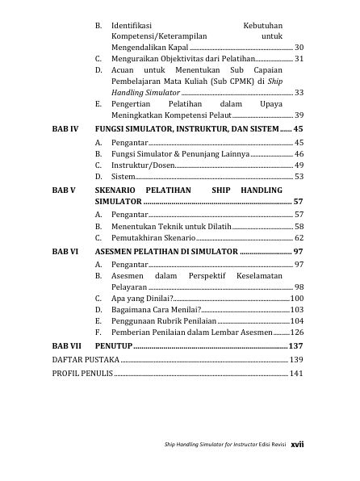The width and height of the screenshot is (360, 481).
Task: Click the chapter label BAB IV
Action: coord(65,129)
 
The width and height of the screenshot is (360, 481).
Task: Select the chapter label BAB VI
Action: coord(65,252)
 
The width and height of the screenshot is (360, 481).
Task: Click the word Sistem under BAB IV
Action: coord(122,176)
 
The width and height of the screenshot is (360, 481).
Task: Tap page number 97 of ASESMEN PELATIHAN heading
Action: coord(299,252)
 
